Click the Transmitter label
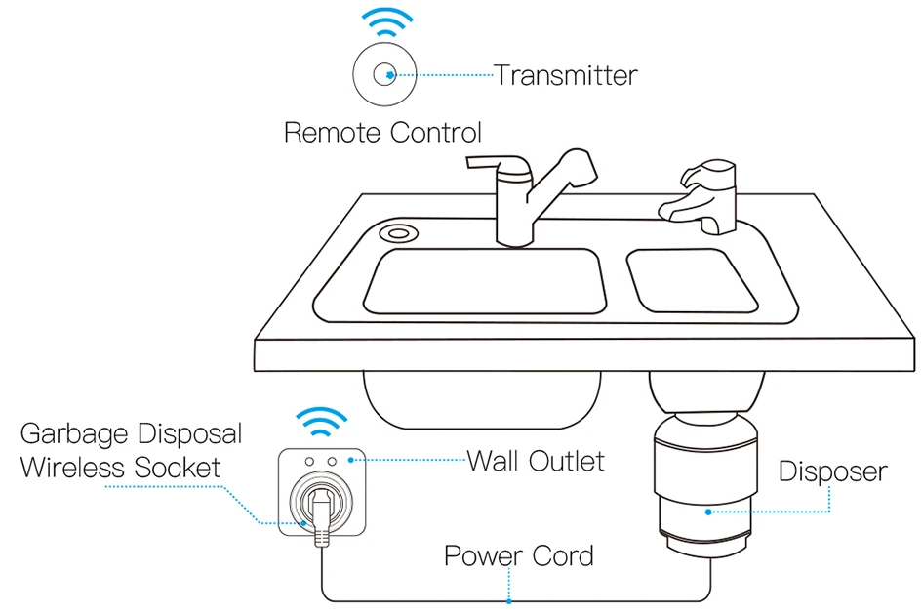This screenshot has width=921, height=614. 566,75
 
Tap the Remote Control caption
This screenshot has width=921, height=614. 382,133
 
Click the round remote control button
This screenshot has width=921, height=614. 386,75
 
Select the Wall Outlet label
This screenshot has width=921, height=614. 536,460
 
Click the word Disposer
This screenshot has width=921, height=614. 832,472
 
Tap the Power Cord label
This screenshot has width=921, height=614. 518,556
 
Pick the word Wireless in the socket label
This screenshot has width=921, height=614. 71,467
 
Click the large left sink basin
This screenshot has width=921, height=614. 485,281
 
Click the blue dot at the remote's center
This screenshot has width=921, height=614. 389,74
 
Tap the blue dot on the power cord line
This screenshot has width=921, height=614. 508,600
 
